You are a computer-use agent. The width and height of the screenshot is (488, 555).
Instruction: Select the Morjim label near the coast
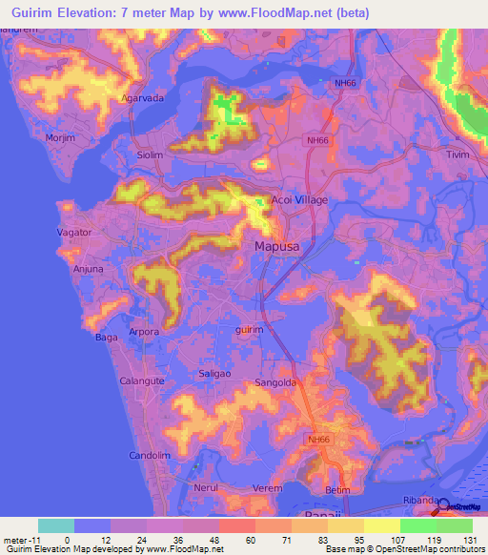[60, 138]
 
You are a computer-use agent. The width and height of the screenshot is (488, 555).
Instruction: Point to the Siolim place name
[150, 154]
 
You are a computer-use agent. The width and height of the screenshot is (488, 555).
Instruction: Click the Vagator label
[74, 232]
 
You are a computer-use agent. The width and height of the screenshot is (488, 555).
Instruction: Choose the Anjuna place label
[88, 270]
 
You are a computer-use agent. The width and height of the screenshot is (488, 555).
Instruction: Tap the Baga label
[105, 337]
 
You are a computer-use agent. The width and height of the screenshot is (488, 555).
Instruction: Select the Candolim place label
[149, 455]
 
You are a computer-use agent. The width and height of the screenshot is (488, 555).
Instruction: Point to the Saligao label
[215, 375]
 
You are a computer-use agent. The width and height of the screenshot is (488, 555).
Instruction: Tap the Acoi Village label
[299, 200]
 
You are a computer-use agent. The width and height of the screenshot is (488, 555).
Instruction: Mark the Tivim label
[459, 154]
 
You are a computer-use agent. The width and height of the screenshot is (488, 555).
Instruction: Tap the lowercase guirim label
[249, 329]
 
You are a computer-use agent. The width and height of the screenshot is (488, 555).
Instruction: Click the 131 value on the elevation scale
[471, 540]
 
